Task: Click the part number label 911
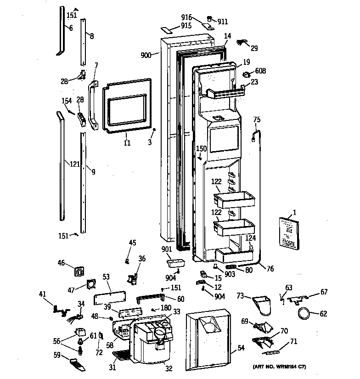pyautogui.click(x=223, y=22)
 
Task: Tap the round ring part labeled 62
pyautogui.click(x=304, y=314)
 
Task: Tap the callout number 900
pyautogui.click(x=146, y=55)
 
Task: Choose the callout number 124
pyautogui.click(x=251, y=238)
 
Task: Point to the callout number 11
pyautogui.click(x=127, y=143)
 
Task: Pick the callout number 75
pyautogui.click(x=257, y=120)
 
